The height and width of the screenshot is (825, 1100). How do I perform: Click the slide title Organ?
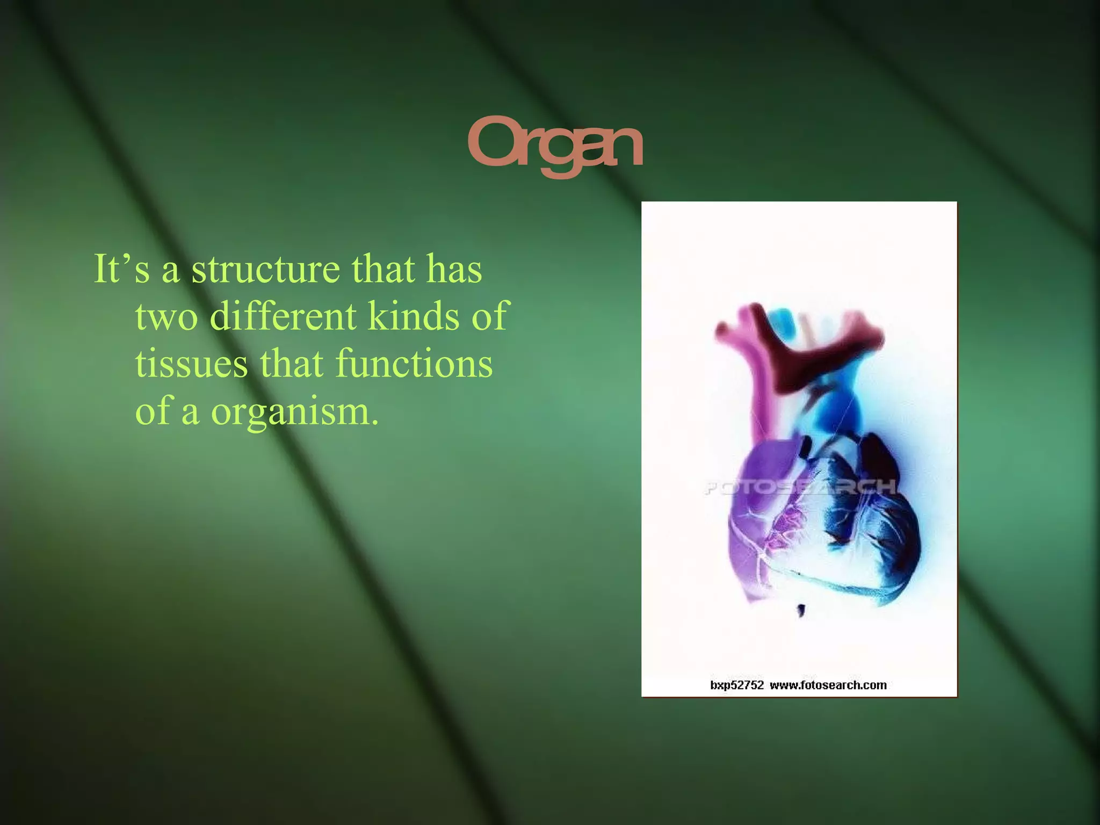pyautogui.click(x=555, y=146)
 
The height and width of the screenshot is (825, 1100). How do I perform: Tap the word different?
pyautogui.click(x=283, y=316)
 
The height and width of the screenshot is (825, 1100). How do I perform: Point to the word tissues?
pyautogui.click(x=191, y=364)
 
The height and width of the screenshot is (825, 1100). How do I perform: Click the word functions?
pyautogui.click(x=414, y=364)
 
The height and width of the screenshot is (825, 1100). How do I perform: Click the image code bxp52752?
pyautogui.click(x=736, y=685)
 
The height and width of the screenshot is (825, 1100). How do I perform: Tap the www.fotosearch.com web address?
pyautogui.click(x=828, y=685)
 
